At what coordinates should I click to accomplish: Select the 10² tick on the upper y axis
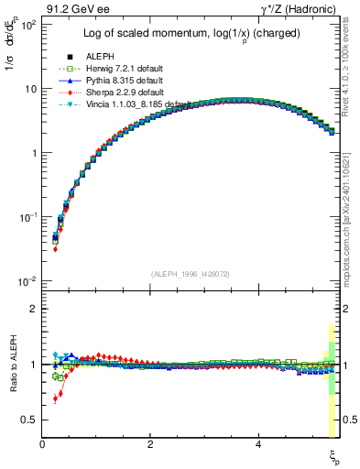click(28, 25)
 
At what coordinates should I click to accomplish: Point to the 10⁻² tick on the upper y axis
click(27, 280)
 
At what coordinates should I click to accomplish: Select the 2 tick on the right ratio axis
click(346, 309)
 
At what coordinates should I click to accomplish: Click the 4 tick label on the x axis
click(258, 444)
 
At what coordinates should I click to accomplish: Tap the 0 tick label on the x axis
click(42, 444)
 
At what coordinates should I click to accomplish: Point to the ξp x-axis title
click(333, 455)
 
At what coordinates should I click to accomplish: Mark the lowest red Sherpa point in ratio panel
click(56, 398)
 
